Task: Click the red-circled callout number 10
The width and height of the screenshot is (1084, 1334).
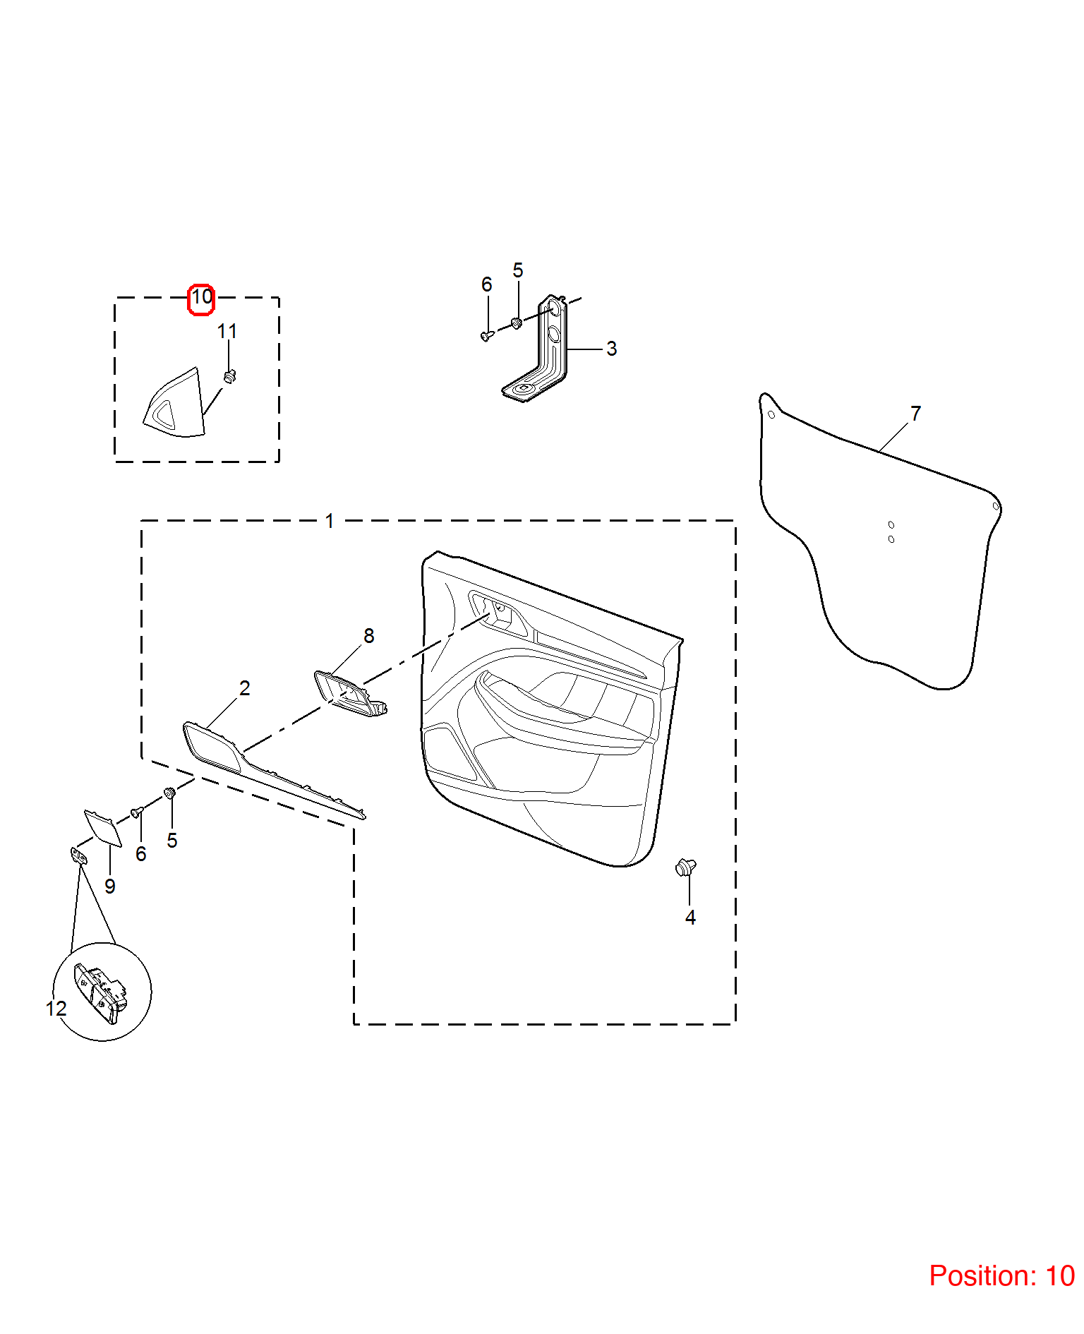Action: pos(202,297)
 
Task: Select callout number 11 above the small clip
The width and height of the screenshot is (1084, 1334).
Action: pos(227,331)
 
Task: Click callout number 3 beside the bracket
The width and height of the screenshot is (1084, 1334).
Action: pos(611,349)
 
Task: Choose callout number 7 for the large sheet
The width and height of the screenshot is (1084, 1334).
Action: pos(915,414)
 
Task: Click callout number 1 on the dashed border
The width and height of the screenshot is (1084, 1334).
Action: pos(329,521)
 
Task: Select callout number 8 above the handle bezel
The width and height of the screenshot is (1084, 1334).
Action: pos(368,636)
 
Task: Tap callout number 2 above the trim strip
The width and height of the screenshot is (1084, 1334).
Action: pos(244,688)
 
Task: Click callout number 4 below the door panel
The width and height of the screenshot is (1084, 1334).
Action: pos(690,918)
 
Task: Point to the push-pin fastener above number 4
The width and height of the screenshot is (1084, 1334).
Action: pos(685,867)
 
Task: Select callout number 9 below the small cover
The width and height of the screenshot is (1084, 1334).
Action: pos(110,887)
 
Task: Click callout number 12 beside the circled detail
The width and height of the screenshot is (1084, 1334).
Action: pos(56,1009)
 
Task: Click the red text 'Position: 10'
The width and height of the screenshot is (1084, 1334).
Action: pos(1001,1276)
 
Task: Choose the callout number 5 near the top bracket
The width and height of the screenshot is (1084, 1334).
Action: pos(518,270)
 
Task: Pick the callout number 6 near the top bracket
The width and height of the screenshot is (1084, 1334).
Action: pos(486,284)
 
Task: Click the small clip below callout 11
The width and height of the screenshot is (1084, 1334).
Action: pos(229,376)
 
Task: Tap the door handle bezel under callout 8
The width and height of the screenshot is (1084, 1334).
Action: pos(350,693)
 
